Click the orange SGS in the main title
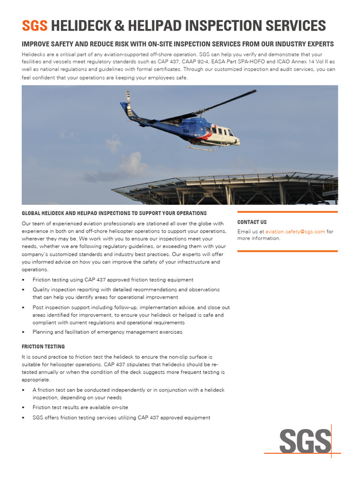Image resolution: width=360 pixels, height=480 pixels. point(35,25)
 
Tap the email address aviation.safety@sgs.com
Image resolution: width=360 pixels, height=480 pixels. point(295,232)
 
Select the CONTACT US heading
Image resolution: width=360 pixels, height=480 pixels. point(252,222)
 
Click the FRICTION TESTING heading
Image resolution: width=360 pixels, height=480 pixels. point(43,346)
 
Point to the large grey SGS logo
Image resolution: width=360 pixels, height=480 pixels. point(305,442)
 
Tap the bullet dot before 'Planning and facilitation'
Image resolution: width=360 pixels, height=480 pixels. point(23,332)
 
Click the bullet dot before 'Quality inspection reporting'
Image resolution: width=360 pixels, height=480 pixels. point(23,290)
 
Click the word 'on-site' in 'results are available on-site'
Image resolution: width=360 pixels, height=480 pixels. point(119,407)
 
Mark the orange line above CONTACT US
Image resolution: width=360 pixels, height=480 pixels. point(287,212)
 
